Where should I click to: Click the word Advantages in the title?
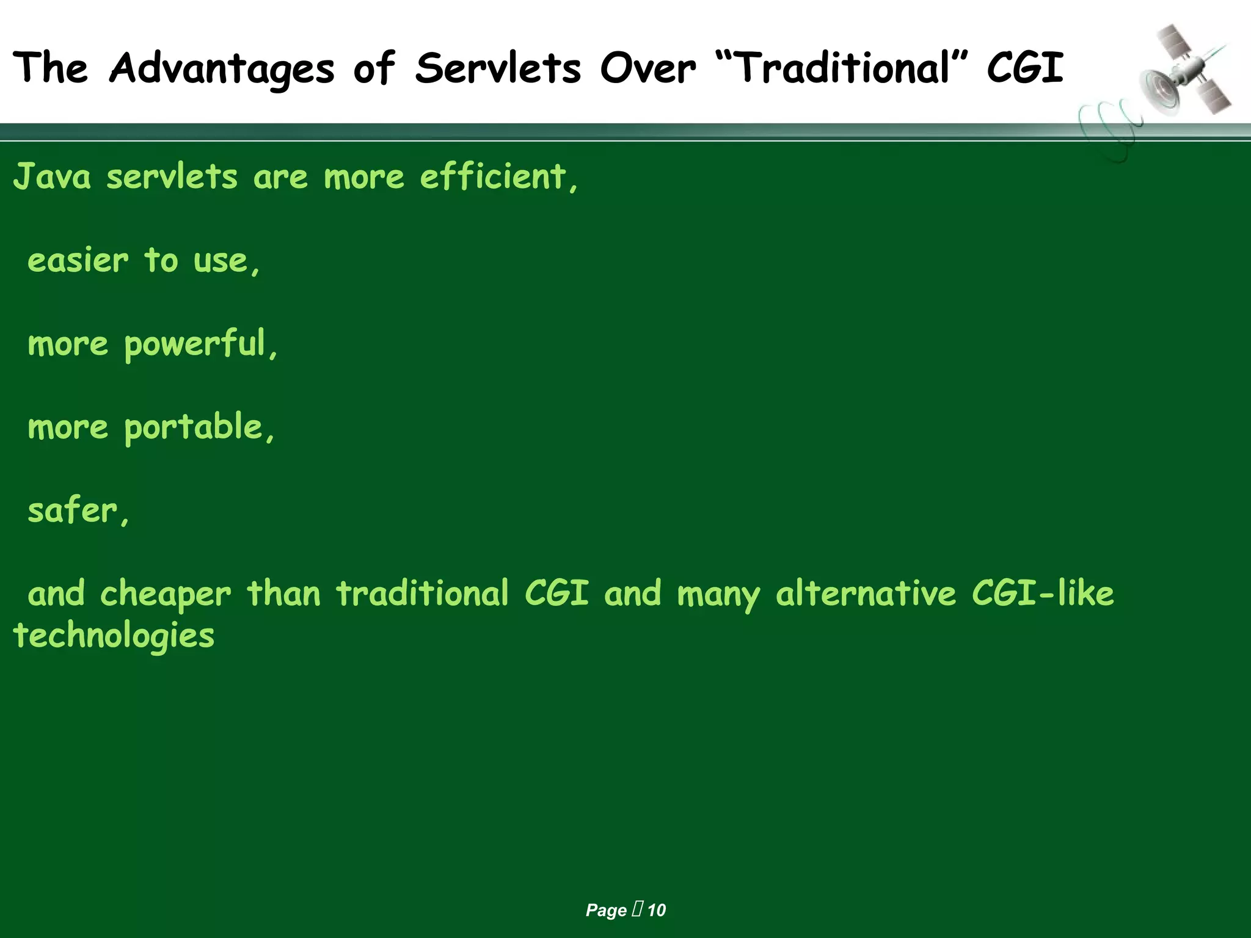[x=222, y=68]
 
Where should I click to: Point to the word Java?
[x=52, y=177]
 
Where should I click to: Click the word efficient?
[x=494, y=177]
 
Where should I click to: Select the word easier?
[x=78, y=261]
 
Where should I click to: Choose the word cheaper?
[x=166, y=594]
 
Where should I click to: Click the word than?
[x=284, y=594]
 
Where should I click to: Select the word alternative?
[x=866, y=594]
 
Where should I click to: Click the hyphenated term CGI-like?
[x=1043, y=594]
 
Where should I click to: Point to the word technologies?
[x=114, y=636]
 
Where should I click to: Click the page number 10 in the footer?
[x=657, y=911]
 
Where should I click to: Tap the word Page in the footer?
[x=606, y=911]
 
